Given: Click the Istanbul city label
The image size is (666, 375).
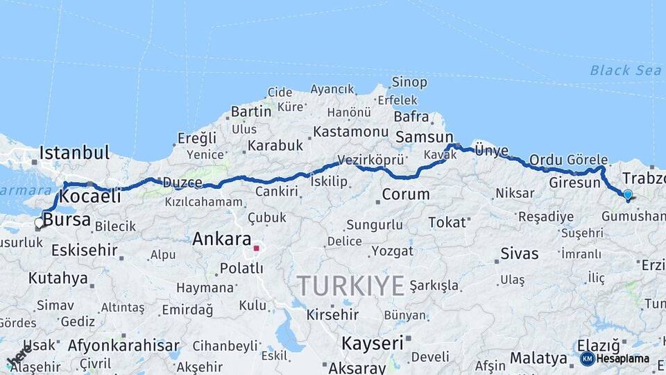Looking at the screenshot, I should point(75,153).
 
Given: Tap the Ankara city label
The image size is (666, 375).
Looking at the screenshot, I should point(221,240).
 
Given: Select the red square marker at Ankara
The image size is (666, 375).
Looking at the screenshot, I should point(256,247).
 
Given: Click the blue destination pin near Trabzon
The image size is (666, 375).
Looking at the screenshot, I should point(628,195).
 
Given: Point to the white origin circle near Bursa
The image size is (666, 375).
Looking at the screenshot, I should point(39,223).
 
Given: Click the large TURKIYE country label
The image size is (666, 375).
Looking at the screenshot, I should point(350,285).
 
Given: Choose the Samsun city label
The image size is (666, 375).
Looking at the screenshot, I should point(423,137).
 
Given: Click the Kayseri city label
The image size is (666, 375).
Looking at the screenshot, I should point(373,343).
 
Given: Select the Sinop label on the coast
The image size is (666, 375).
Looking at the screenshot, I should point(409,83).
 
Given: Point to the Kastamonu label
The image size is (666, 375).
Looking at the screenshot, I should point(350,131).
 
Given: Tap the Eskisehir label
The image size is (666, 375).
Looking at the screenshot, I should point(85,250).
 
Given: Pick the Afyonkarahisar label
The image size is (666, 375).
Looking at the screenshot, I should point(124,345).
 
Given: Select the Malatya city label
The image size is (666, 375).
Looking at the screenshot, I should point(538,358).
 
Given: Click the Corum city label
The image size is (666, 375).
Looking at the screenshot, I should point(406,194).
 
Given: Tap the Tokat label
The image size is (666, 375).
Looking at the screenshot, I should point(447,222).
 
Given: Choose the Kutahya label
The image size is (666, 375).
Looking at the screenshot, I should point(58,278).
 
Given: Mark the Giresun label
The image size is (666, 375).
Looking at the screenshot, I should point(574,183).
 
